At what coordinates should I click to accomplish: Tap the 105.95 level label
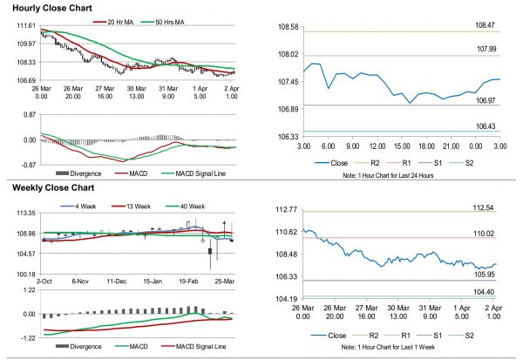pos(486,274)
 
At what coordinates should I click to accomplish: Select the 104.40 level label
pos(486,292)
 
